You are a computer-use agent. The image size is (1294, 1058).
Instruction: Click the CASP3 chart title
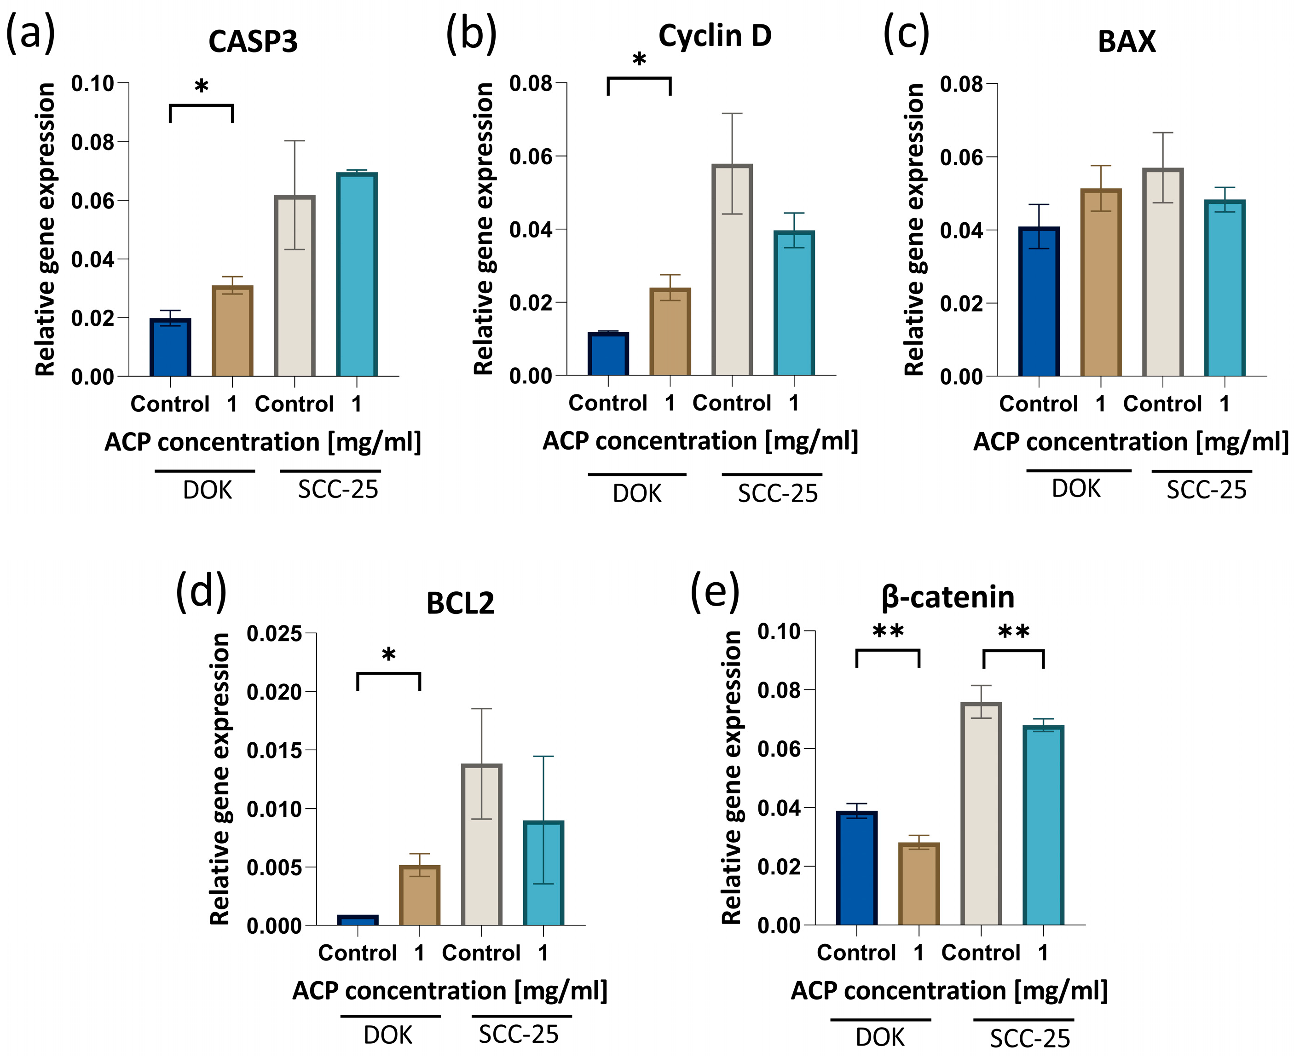[253, 42]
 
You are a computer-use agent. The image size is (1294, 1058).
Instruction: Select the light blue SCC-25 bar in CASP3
[357, 274]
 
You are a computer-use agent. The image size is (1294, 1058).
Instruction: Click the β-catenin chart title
[948, 597]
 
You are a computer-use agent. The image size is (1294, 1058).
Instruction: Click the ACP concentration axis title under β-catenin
[949, 990]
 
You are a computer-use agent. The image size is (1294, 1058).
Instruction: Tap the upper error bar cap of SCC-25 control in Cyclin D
[732, 113]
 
